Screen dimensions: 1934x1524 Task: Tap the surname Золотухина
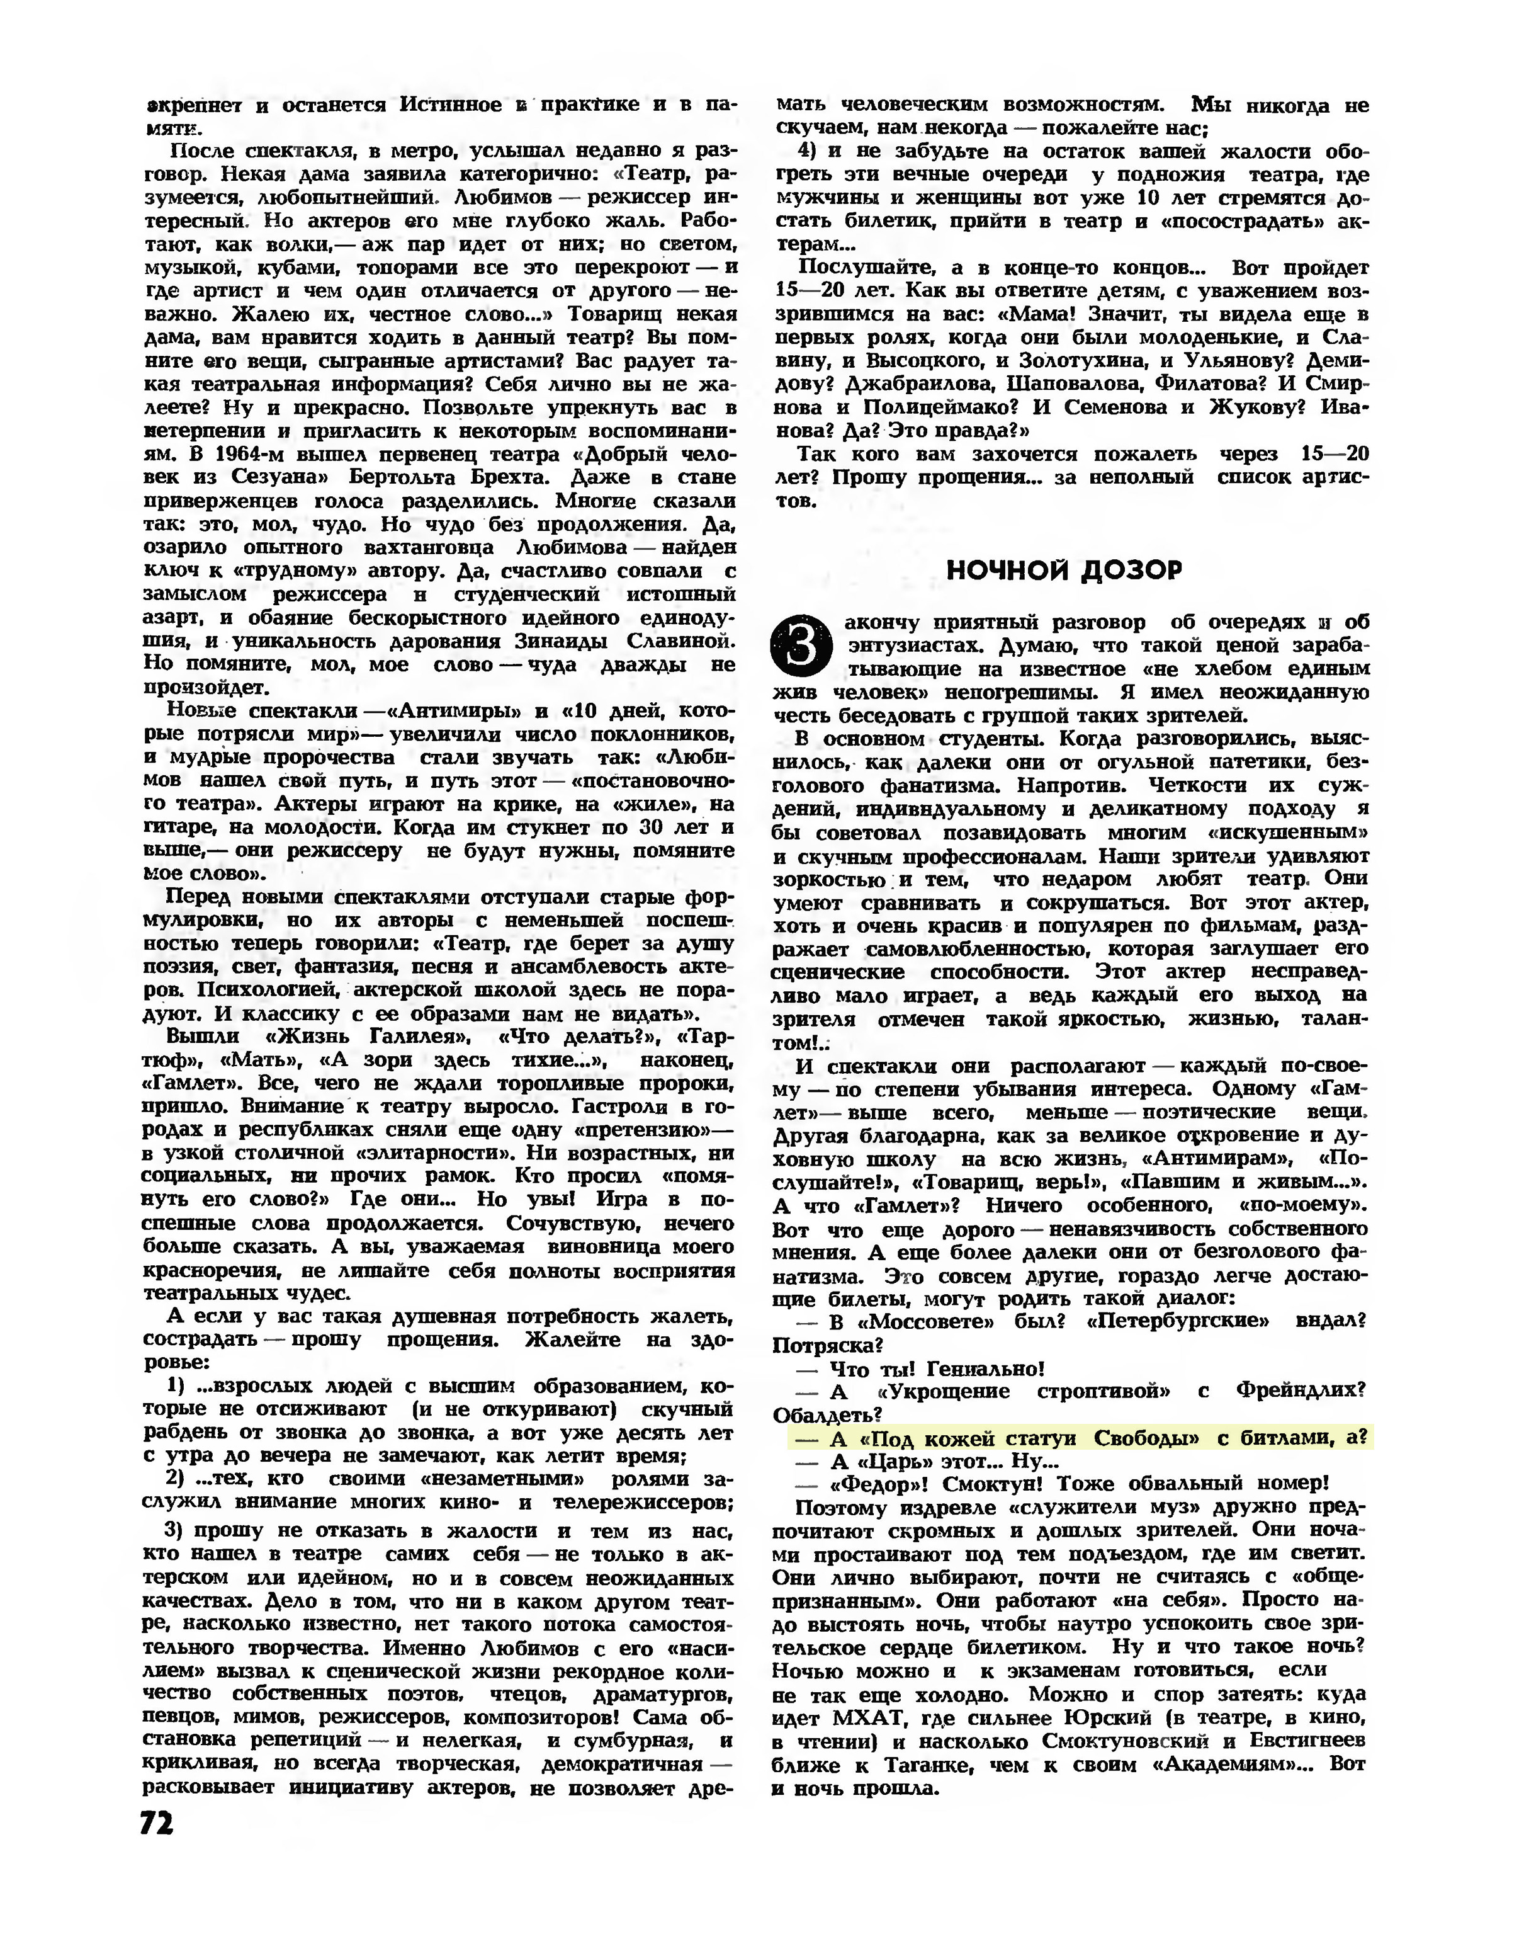(1065, 361)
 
